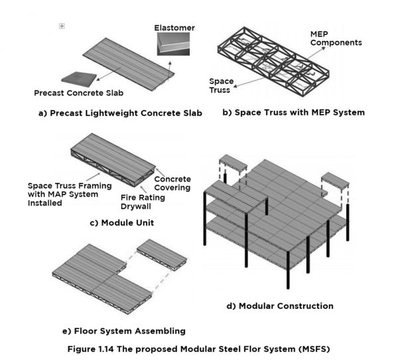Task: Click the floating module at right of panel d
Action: click(x=336, y=180)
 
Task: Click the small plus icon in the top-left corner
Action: click(x=62, y=26)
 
